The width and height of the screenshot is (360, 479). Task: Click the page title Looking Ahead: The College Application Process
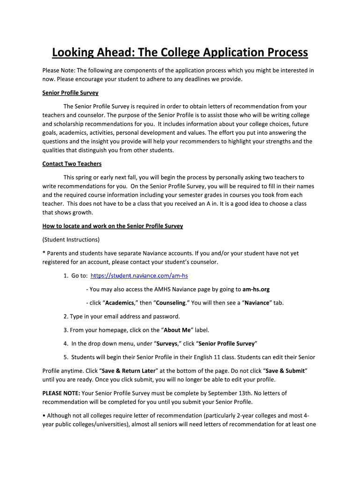[x=180, y=52]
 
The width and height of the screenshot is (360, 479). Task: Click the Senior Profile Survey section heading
[x=70, y=93]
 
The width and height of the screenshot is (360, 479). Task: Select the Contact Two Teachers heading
[x=72, y=164]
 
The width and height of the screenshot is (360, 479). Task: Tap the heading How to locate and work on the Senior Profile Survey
[x=112, y=226]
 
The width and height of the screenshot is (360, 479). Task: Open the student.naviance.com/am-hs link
[x=139, y=276]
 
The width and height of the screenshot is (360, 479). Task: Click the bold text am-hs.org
[x=256, y=289]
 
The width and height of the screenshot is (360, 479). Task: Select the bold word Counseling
[x=171, y=303]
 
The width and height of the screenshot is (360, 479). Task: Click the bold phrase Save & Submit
[x=285, y=370]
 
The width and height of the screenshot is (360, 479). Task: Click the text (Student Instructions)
[x=71, y=239]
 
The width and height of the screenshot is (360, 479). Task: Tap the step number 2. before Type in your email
[x=65, y=316]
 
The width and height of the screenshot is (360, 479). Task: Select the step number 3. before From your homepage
[x=65, y=330]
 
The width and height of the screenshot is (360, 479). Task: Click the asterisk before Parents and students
[x=43, y=253]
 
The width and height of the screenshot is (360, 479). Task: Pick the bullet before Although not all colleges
[x=44, y=415]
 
